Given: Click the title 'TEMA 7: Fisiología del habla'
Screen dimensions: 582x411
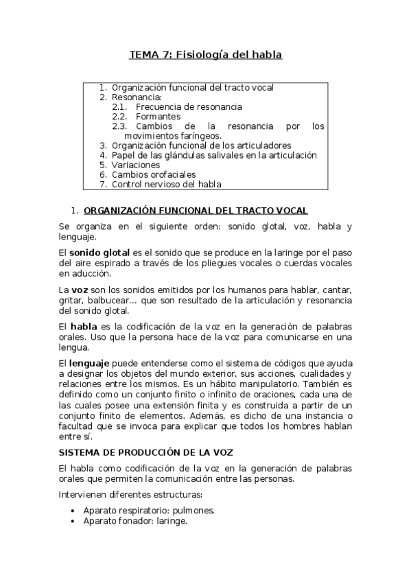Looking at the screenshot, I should click(206, 54).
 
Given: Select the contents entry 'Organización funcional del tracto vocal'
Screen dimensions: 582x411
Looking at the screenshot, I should click(193, 88).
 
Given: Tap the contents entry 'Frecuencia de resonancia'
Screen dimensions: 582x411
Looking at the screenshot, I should click(189, 107).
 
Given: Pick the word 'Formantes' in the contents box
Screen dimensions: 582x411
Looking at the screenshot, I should click(158, 117).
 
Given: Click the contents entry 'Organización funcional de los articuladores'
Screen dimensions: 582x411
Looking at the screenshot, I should click(202, 145).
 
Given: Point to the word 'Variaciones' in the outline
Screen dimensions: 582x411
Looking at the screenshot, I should click(136, 165).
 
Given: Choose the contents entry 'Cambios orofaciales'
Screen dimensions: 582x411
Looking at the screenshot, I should click(154, 174).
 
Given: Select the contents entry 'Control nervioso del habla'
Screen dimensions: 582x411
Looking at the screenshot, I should click(167, 184).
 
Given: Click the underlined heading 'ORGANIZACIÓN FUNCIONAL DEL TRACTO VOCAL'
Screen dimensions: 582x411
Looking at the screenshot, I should click(195, 210).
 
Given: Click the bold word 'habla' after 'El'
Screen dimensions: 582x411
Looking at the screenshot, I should click(84, 326).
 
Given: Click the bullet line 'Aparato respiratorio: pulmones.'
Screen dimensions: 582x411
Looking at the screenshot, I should click(149, 510).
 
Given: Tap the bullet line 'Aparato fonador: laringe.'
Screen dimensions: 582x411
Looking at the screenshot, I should click(134, 520).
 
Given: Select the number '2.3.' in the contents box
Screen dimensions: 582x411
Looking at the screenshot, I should click(120, 126).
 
